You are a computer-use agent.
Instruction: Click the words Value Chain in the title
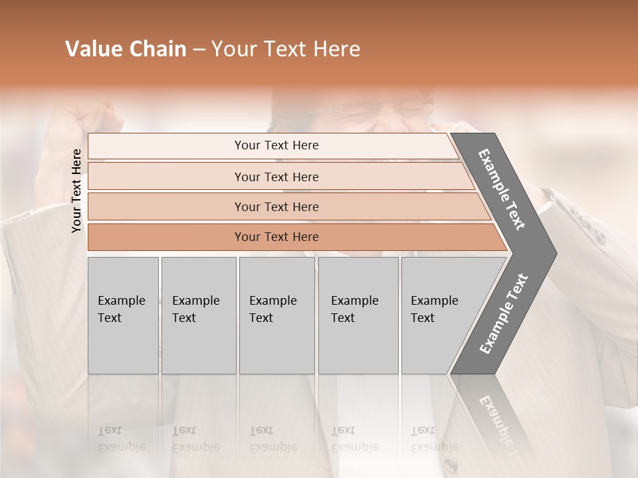(x=126, y=49)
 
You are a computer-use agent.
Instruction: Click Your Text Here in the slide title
(x=286, y=49)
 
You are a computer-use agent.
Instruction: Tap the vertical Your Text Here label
(x=76, y=191)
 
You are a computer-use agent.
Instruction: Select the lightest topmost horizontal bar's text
(x=276, y=145)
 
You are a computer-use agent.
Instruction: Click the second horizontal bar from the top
(x=276, y=177)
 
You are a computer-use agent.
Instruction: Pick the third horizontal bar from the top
(x=276, y=206)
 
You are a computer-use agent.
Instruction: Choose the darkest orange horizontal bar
(x=276, y=237)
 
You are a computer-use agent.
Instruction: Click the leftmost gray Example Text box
(x=123, y=315)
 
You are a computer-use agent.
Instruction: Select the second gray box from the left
(x=198, y=315)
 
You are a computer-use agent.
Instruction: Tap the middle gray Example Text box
(x=276, y=315)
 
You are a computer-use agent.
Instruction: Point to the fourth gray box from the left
(x=358, y=315)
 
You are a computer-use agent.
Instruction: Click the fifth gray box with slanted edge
(x=439, y=315)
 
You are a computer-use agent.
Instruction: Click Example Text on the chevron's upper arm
(x=502, y=189)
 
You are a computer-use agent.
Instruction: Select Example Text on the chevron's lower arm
(x=503, y=314)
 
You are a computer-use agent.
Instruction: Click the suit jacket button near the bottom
(x=451, y=464)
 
